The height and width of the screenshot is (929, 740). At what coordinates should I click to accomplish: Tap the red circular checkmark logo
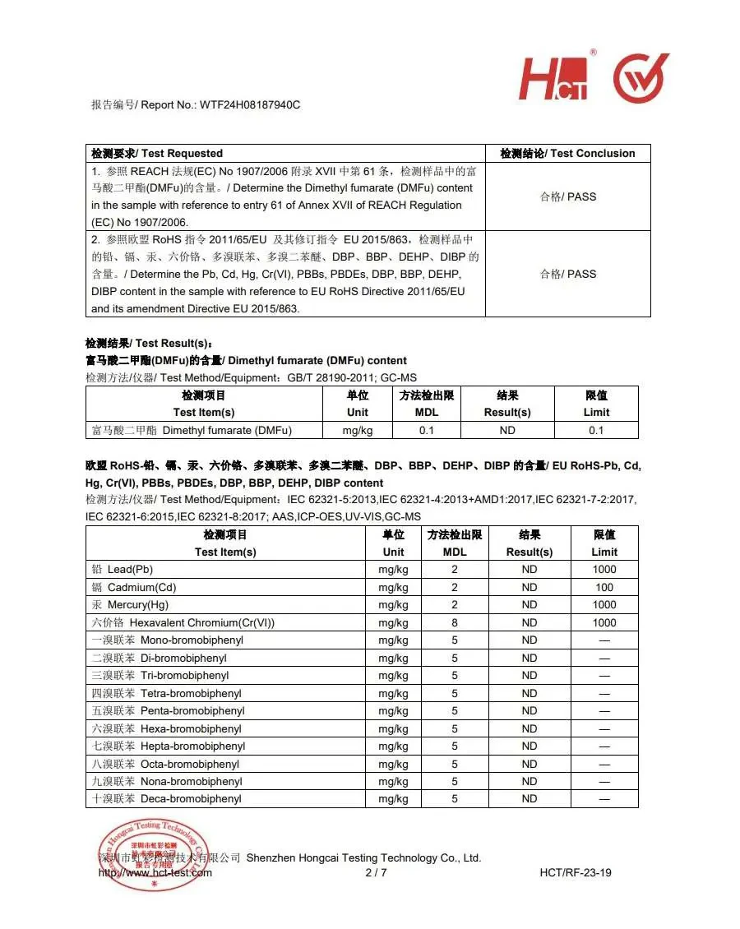click(x=641, y=78)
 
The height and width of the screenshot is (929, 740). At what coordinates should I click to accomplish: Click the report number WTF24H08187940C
click(x=250, y=104)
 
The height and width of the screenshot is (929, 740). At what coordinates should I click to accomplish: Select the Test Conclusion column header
click(x=567, y=153)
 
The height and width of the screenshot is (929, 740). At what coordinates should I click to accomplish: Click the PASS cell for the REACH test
click(x=567, y=196)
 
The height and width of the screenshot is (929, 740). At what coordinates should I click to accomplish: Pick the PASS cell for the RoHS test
click(x=567, y=274)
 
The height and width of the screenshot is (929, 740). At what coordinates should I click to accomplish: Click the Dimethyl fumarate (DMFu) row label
click(x=192, y=430)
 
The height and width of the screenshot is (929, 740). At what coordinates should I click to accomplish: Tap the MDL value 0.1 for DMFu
click(x=427, y=430)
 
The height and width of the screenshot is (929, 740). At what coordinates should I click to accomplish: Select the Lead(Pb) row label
click(x=123, y=569)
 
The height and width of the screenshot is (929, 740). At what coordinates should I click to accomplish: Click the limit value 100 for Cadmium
click(x=604, y=587)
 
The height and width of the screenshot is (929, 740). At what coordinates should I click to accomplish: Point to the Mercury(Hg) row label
click(x=131, y=605)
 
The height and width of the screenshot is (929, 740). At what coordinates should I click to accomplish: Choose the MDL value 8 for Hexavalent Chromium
click(x=455, y=622)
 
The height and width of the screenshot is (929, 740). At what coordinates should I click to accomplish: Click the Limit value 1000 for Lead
click(x=604, y=569)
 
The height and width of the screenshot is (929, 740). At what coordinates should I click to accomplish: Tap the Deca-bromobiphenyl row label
click(x=167, y=798)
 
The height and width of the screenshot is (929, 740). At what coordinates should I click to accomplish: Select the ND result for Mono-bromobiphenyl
click(x=529, y=640)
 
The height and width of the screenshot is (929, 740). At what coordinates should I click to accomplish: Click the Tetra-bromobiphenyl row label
click(x=167, y=693)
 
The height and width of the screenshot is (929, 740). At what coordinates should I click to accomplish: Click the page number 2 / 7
click(x=376, y=872)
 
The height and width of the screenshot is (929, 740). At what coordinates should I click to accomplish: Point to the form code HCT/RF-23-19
click(x=576, y=872)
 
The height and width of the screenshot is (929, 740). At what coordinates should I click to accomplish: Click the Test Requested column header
click(x=157, y=153)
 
